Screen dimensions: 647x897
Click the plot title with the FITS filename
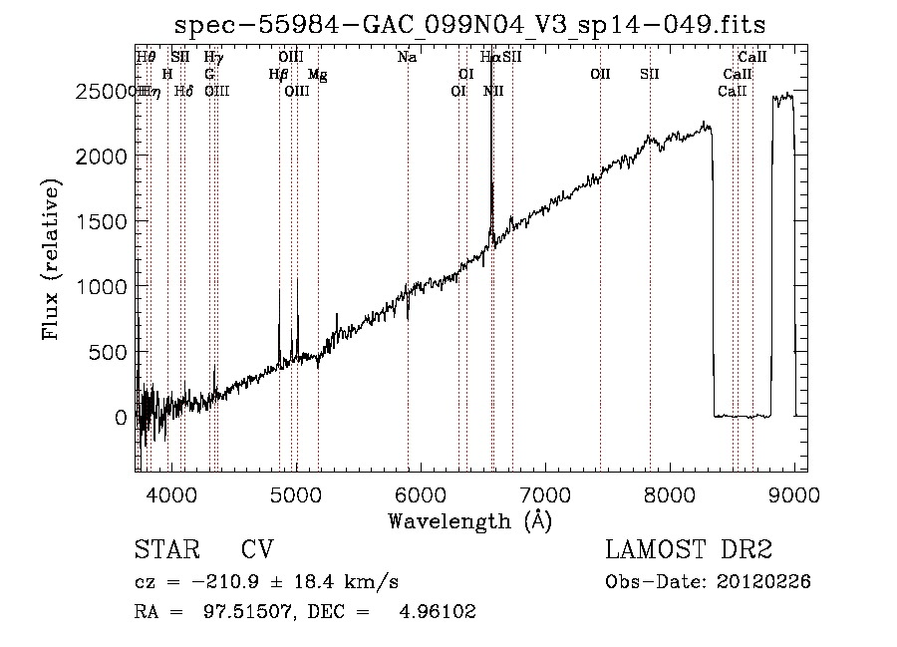(469, 24)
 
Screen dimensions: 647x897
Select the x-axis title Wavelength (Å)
(469, 520)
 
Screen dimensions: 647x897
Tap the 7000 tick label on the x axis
(546, 492)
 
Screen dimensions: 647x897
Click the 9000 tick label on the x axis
(794, 492)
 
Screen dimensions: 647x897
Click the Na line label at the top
(407, 57)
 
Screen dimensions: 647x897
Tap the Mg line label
(317, 75)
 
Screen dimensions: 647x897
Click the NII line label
(492, 92)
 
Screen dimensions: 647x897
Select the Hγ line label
(212, 58)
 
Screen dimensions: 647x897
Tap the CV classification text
(257, 550)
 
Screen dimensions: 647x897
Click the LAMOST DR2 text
(689, 550)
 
